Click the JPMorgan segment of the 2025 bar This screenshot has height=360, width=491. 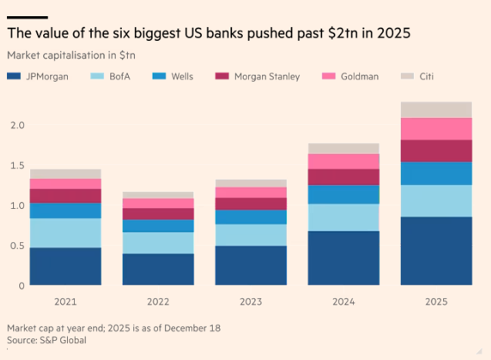(436, 251)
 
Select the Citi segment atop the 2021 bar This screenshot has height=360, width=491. (66, 173)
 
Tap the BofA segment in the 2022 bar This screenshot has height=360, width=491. (158, 243)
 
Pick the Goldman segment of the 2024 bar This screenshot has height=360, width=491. (344, 161)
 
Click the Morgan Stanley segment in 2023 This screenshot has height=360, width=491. (251, 204)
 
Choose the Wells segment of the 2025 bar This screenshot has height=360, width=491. (436, 173)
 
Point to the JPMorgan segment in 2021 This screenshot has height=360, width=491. (66, 266)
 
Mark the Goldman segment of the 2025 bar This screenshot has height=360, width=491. (436, 129)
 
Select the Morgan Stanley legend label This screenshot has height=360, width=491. (267, 76)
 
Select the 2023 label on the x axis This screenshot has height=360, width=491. (251, 301)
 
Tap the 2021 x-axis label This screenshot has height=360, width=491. (66, 301)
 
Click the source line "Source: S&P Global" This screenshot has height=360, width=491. (46, 339)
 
